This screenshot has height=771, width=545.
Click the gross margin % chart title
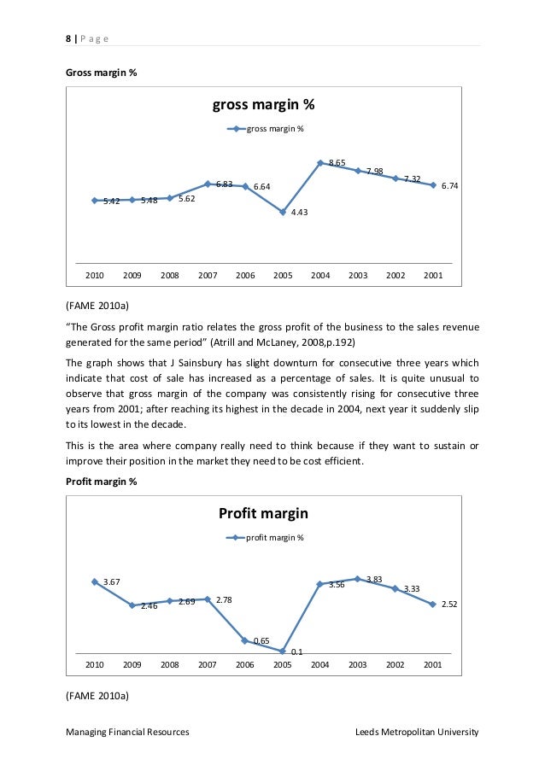pyautogui.click(x=263, y=106)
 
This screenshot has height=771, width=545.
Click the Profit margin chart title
pyautogui.click(x=263, y=513)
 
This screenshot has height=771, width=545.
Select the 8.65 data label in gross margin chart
pyautogui.click(x=337, y=162)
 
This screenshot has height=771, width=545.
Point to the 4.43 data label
pyautogui.click(x=299, y=213)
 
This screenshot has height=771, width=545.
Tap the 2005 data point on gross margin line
pyautogui.click(x=283, y=212)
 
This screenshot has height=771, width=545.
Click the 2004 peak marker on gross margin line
pyautogui.click(x=320, y=162)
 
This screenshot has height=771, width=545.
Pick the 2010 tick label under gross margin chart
pyautogui.click(x=94, y=276)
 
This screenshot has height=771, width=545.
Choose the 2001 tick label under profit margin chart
pyautogui.click(x=433, y=663)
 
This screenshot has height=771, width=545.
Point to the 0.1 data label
pyautogui.click(x=296, y=653)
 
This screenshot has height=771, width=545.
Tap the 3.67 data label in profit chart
pyautogui.click(x=111, y=582)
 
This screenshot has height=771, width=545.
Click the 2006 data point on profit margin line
pyautogui.click(x=245, y=640)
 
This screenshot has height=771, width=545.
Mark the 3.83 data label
pyautogui.click(x=373, y=580)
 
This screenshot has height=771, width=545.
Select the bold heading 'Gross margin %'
pyautogui.click(x=101, y=73)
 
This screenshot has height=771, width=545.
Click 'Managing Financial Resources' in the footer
pyautogui.click(x=127, y=732)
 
